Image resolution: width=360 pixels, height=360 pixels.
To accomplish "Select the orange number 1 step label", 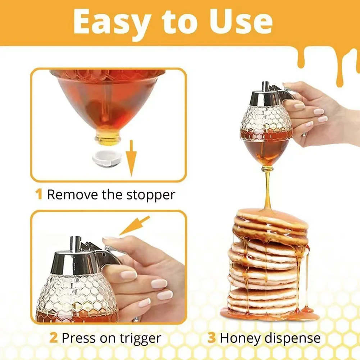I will tap(39, 195).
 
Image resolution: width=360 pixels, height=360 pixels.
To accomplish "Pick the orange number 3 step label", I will tap(211, 338).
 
